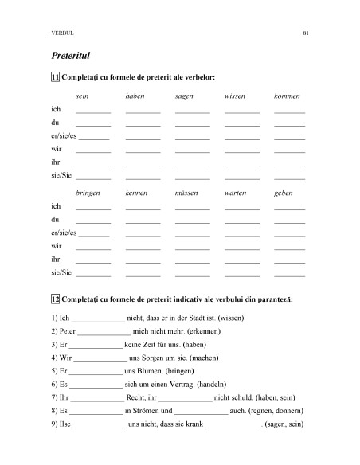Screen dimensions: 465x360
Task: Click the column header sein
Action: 81,96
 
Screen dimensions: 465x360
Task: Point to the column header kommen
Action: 288,96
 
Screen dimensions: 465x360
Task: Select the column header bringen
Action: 88,193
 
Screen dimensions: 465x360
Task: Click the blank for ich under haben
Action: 143,111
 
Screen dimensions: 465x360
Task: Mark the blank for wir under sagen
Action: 192,151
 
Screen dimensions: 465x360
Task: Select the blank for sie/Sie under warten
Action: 241,275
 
